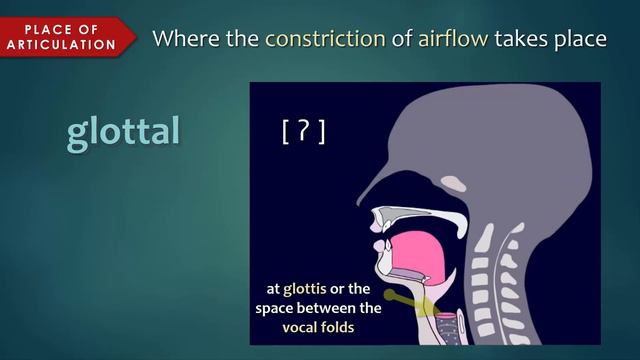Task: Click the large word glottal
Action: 123,132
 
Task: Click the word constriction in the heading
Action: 325,39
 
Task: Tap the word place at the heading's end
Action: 578,39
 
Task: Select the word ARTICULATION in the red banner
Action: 62,44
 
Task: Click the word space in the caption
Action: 278,308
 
